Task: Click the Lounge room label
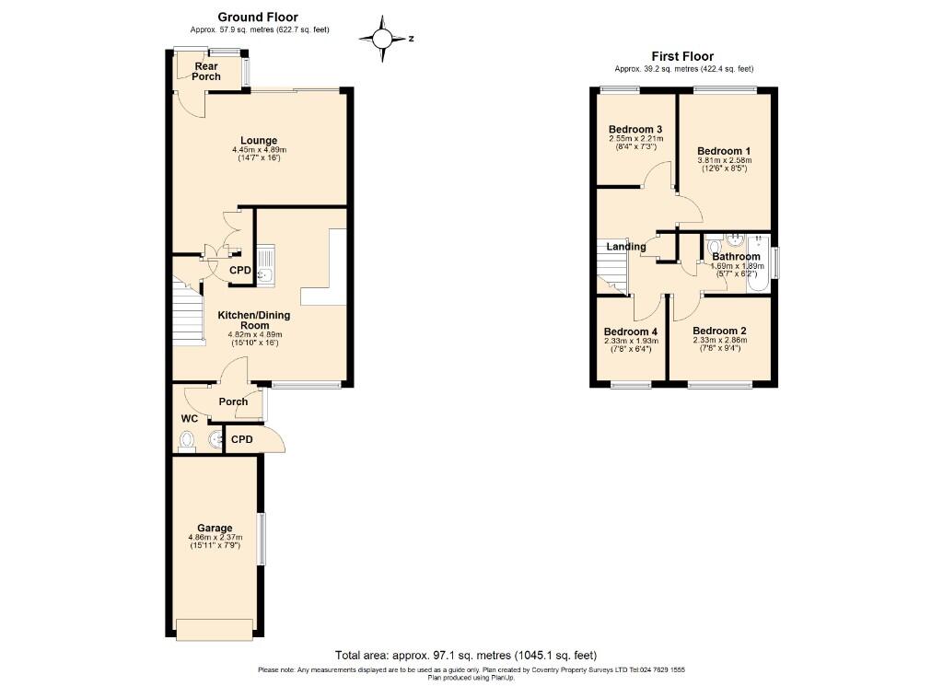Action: tap(259, 141)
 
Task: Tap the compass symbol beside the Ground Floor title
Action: tap(382, 39)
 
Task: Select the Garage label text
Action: tap(215, 528)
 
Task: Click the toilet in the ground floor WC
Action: tap(188, 441)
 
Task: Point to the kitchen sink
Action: tap(265, 266)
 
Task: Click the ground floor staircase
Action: tap(187, 310)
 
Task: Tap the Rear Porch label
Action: tap(206, 72)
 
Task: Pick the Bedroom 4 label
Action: tap(630, 331)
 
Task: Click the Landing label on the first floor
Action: tap(626, 247)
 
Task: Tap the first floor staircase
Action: tap(612, 266)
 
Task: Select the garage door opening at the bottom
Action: tap(215, 630)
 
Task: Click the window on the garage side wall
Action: tap(261, 539)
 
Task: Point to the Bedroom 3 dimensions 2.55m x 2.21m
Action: tap(635, 138)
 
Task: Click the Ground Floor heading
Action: tap(258, 17)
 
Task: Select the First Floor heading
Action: tap(682, 56)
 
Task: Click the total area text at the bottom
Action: tap(466, 656)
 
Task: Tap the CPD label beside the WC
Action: tap(242, 439)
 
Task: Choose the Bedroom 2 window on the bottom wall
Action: tap(720, 384)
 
